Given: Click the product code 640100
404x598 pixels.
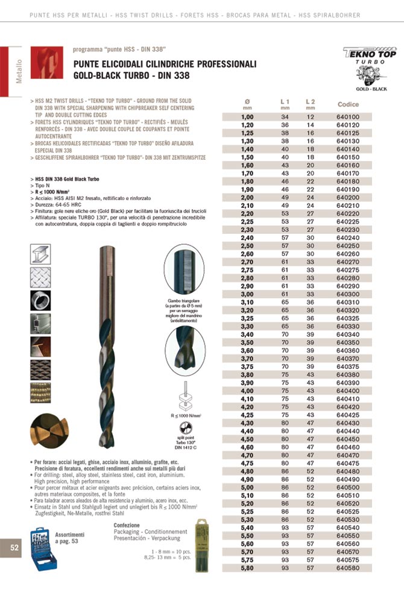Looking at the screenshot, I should click(348, 116).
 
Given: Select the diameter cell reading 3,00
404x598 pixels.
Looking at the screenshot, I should click(247, 294).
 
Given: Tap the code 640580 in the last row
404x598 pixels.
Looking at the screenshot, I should click(348, 567).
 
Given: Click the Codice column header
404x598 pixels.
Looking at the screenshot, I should click(348, 104).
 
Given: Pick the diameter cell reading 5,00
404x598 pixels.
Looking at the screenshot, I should click(247, 487).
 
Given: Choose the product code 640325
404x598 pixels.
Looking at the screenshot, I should click(348, 318).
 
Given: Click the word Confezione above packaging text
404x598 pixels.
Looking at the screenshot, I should click(127, 525).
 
